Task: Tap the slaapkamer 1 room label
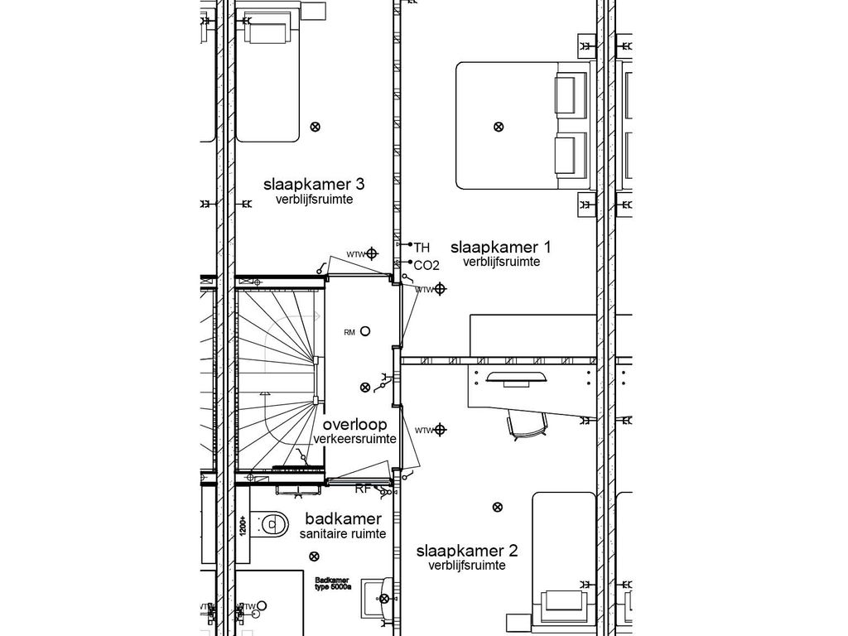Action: (500, 247)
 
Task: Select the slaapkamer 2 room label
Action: (467, 551)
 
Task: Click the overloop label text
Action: (354, 425)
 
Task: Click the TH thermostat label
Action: (422, 247)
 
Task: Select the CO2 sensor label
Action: (426, 265)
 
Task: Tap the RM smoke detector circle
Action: (364, 331)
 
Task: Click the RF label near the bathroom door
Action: (363, 489)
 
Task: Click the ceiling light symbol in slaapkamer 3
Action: (315, 127)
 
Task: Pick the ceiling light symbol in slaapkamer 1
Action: (498, 127)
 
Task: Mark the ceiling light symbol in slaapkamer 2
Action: (497, 507)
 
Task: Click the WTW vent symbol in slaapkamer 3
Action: (373, 253)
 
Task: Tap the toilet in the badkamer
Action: (270, 522)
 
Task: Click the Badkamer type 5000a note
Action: (332, 584)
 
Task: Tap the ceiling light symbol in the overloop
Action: (365, 387)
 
